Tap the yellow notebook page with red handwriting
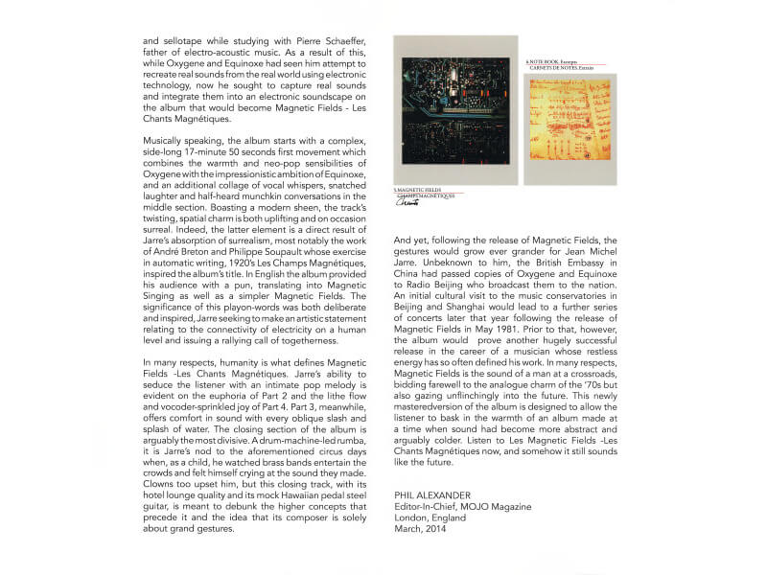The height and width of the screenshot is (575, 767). click(x=569, y=128)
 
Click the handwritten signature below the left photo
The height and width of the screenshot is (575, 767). click(x=408, y=203)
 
